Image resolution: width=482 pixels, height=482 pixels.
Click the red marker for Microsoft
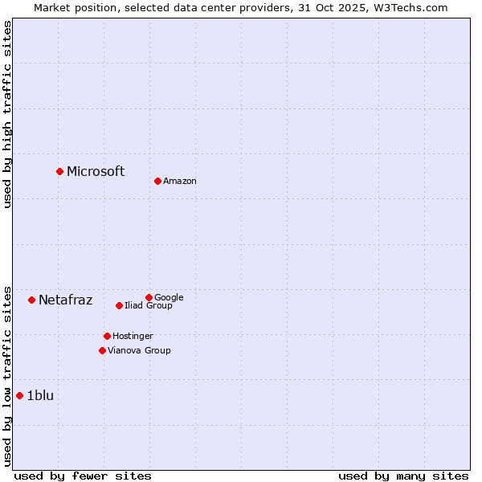pyautogui.click(x=59, y=171)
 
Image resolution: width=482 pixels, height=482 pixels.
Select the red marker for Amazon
pyautogui.click(x=157, y=181)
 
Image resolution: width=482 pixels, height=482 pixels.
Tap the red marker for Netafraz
pyautogui.click(x=31, y=300)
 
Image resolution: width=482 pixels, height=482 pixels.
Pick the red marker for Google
pyautogui.click(x=149, y=297)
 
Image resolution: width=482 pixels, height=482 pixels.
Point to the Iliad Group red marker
pyautogui.click(x=119, y=305)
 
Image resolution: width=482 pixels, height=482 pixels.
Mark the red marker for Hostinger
pyautogui.click(x=107, y=336)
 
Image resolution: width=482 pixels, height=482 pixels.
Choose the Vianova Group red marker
pyautogui.click(x=102, y=350)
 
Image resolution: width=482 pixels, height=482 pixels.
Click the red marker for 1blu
pyautogui.click(x=19, y=395)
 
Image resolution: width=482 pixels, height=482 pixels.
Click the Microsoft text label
pyautogui.click(x=96, y=171)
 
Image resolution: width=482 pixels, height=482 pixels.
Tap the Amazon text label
pyautogui.click(x=180, y=182)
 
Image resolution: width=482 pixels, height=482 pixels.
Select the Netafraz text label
pyautogui.click(x=65, y=300)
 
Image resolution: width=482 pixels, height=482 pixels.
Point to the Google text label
pyautogui.click(x=169, y=298)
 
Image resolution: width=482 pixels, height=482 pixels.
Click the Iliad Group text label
pyautogui.click(x=149, y=306)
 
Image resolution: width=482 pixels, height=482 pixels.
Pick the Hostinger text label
pyautogui.click(x=133, y=337)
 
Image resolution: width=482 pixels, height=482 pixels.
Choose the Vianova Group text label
pyautogui.click(x=139, y=351)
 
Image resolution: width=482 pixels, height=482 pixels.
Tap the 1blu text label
pyautogui.click(x=40, y=395)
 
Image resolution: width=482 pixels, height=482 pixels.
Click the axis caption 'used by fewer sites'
pyautogui.click(x=83, y=476)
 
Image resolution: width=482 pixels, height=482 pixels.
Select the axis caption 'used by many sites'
pyautogui.click(x=403, y=476)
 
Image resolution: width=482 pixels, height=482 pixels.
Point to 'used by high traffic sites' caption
pyautogui.click(x=7, y=114)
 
